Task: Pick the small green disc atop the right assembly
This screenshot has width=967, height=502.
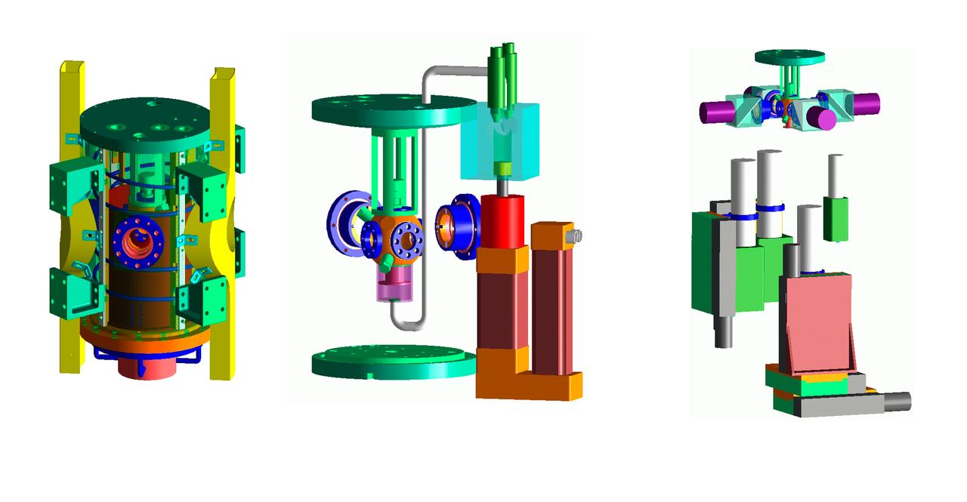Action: coord(789,57)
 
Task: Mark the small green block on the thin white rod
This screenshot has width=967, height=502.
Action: coord(836,219)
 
